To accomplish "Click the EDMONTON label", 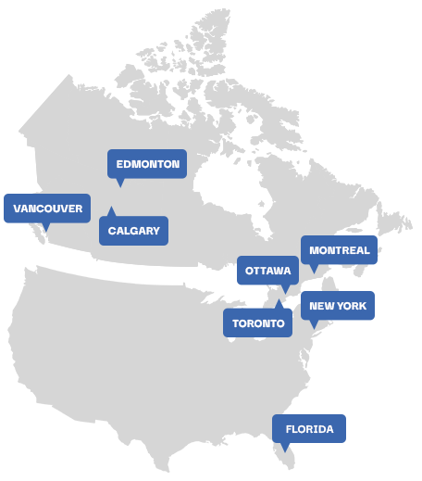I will tap(147, 164).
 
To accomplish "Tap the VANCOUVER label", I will tap(47, 209).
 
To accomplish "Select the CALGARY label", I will tap(133, 231).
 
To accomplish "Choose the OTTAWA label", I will tap(267, 271).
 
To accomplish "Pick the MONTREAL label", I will tap(339, 250).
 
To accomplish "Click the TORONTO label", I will tap(257, 323).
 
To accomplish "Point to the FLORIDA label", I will tap(309, 429).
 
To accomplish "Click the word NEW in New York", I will tap(321, 306).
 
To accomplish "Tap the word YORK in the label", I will tap(352, 306).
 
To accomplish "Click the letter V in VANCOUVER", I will tap(18, 209).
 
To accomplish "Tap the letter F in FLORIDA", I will tap(289, 429).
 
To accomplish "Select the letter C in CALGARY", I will tap(111, 231).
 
